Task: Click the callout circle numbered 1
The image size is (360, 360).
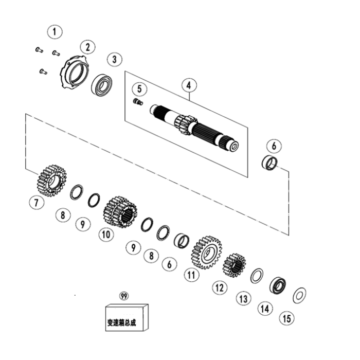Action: [x=54, y=31]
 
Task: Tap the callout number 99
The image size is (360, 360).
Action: [x=123, y=296]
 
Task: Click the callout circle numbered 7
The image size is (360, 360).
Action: [x=36, y=203]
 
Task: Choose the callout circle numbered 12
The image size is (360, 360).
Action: [x=220, y=287]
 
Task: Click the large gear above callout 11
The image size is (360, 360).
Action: [x=206, y=252]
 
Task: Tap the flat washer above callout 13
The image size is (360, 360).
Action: [x=257, y=276]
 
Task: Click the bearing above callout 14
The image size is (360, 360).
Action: [x=279, y=285]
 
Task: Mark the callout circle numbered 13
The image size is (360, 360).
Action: [x=243, y=298]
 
